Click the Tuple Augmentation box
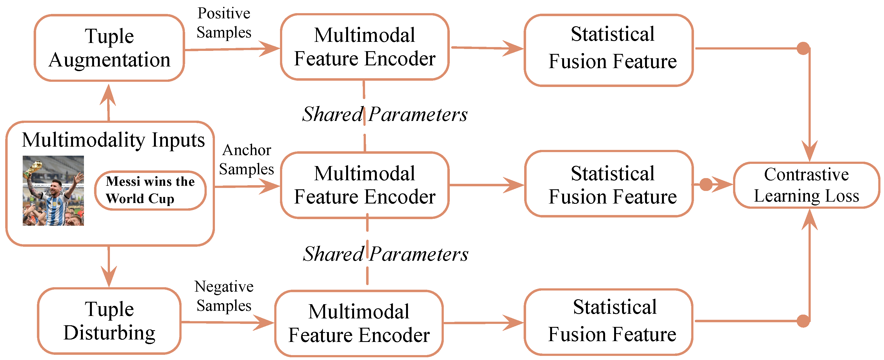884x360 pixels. (x=109, y=48)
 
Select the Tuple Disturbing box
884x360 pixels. (x=109, y=321)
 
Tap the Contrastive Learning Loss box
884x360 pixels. (x=806, y=185)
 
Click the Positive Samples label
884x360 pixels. (x=224, y=23)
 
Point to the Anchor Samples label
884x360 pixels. (x=246, y=159)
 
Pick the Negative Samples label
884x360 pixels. (x=224, y=296)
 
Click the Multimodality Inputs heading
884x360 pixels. (x=113, y=140)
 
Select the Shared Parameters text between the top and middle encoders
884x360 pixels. (x=384, y=114)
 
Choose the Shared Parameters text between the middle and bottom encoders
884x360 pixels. (x=385, y=254)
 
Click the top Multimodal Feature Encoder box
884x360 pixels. (x=364, y=47)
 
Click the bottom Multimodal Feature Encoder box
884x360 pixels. (x=359, y=323)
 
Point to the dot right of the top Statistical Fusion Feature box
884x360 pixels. (x=803, y=48)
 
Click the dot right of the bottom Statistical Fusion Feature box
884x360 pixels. (x=803, y=321)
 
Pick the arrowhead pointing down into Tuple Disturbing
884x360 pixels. (x=109, y=276)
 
